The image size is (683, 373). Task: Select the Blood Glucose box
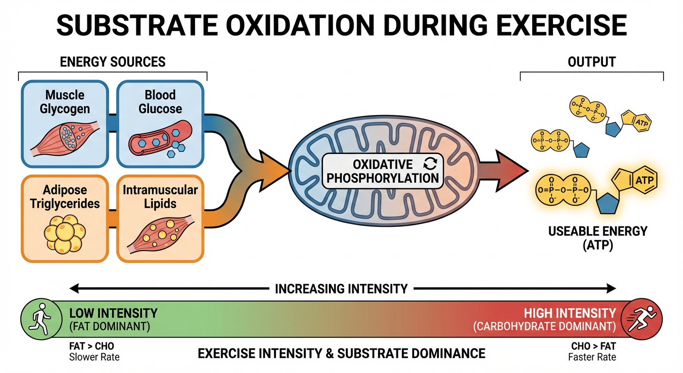coord(160,124)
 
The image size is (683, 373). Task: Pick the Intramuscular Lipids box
coord(160,219)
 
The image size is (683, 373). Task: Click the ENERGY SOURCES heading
coord(112,62)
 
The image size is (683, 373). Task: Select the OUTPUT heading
coord(591,62)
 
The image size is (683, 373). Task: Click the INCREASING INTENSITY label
coord(341,289)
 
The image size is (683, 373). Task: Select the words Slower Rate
coord(94,357)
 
